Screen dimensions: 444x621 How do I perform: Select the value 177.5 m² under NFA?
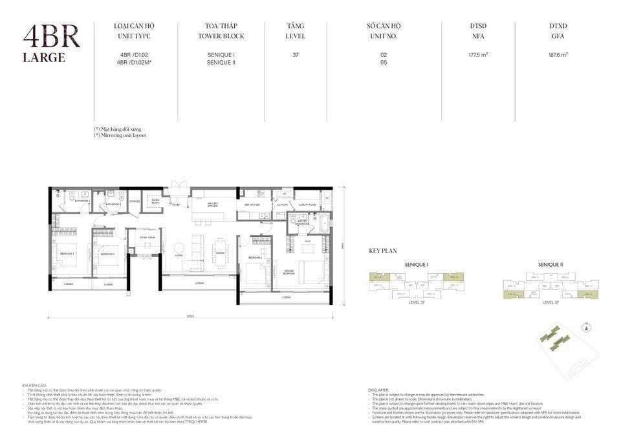[477, 55]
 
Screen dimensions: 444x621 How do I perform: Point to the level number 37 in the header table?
[296, 55]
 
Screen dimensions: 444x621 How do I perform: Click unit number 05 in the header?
[384, 63]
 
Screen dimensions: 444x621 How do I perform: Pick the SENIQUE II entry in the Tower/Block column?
[221, 63]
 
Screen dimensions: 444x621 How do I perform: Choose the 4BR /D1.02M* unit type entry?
[135, 63]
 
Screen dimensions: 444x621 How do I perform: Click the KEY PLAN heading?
[383, 250]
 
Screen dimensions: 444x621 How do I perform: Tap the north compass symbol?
[585, 327]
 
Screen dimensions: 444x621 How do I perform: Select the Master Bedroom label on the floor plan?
[289, 272]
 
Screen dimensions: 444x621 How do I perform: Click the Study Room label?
[147, 238]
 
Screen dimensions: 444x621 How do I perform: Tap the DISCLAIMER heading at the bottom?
[378, 390]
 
